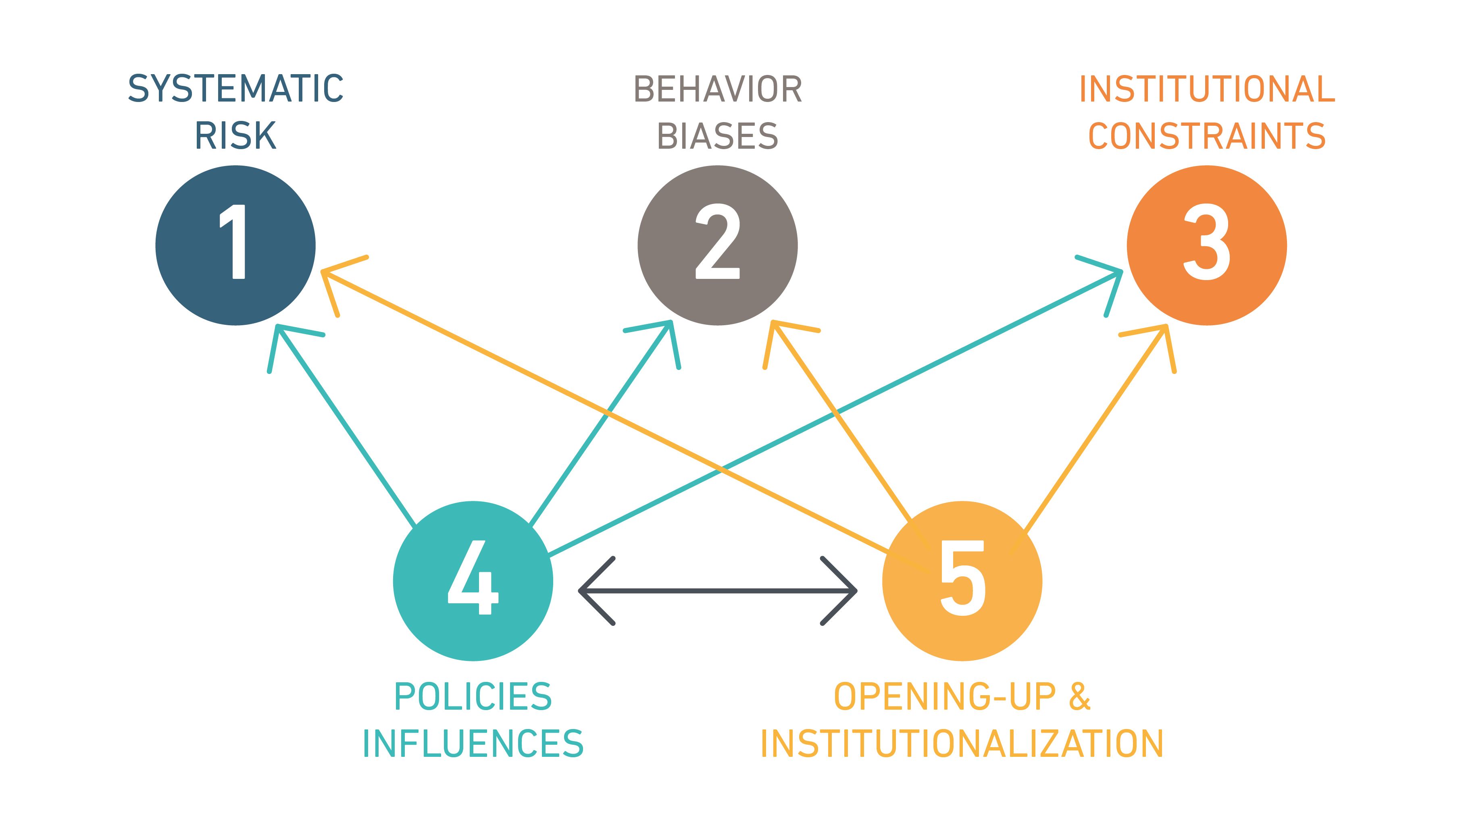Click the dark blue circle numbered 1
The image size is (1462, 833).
(x=235, y=245)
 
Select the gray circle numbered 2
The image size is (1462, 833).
(x=718, y=245)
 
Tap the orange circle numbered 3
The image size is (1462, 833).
(x=1206, y=245)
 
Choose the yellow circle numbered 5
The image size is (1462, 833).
(x=962, y=581)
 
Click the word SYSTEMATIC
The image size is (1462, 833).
(x=235, y=89)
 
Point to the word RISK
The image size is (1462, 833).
(x=235, y=136)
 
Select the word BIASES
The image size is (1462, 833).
(x=718, y=136)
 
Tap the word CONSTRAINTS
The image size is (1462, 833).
(x=1206, y=136)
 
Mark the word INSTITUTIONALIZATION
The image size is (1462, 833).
(x=962, y=744)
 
